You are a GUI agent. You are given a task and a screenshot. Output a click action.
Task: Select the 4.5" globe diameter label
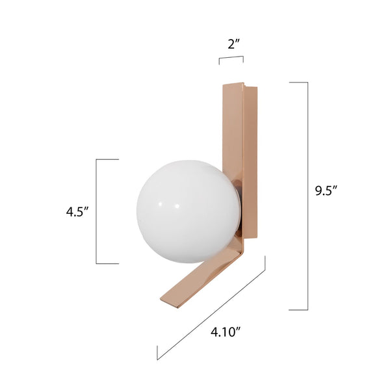[77, 211]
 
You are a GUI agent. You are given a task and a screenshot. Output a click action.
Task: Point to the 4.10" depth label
[226, 332]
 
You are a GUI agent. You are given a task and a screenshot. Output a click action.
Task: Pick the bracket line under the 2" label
[231, 58]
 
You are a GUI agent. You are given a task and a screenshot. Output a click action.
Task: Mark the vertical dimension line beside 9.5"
[307, 195]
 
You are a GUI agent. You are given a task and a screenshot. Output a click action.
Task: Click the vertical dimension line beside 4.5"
[97, 211]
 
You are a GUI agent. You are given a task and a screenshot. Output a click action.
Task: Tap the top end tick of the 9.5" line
[298, 83]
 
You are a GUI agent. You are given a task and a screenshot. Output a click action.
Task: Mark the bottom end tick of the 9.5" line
[298, 309]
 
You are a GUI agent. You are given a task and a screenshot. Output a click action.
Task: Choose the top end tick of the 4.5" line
[108, 159]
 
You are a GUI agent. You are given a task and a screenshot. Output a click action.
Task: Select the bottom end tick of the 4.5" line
[108, 263]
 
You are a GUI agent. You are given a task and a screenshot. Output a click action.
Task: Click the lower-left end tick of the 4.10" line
[157, 353]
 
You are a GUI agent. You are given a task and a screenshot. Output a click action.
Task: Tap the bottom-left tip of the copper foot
[164, 300]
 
